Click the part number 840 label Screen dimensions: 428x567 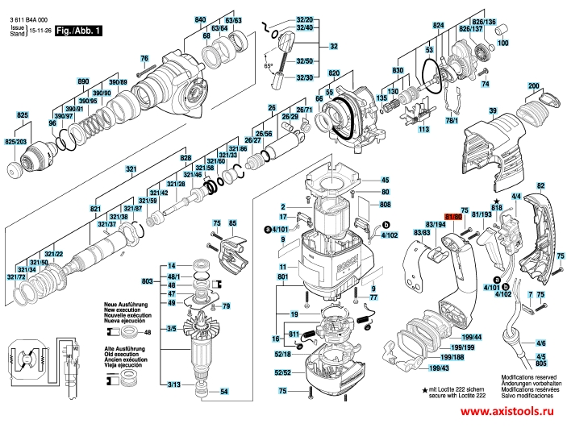point(201,19)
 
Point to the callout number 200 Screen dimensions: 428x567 point(534,86)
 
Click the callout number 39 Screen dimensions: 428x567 point(491,110)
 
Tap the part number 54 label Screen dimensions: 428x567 point(225,392)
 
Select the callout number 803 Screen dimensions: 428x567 point(147,280)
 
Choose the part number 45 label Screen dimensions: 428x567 point(385,180)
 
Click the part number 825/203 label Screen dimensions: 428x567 point(15,142)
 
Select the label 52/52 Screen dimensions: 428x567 point(282,372)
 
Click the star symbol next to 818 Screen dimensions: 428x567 point(496,200)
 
